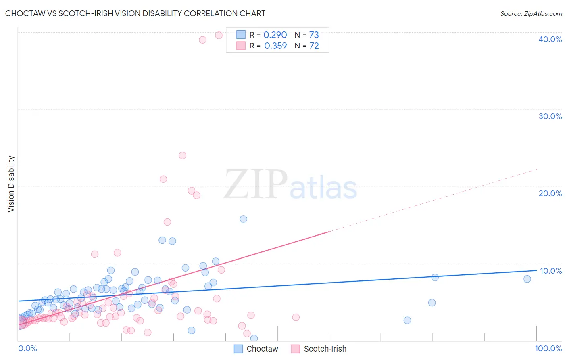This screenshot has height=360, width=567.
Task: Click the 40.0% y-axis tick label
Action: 550,39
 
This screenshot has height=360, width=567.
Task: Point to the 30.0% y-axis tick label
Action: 550,116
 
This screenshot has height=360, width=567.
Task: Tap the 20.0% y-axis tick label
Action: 550,193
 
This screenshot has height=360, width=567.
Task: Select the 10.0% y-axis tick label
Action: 551,271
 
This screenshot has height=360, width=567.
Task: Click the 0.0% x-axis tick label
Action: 27,348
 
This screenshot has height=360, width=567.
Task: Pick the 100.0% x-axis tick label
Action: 548,348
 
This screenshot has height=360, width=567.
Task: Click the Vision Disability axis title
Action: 11,184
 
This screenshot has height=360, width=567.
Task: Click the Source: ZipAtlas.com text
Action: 531,13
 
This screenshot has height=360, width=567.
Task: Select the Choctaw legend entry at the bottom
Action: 256,349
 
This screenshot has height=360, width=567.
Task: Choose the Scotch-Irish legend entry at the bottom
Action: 319,349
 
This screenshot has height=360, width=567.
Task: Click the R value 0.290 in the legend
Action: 275,35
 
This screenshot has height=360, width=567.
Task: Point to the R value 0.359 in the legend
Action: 275,46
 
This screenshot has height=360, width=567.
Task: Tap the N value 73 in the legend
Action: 314,35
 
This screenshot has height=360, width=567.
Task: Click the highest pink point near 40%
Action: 219,35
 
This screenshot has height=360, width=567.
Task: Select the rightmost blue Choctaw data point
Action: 527,279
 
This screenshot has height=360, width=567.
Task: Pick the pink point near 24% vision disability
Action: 182,155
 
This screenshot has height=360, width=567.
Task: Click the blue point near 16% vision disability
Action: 244,219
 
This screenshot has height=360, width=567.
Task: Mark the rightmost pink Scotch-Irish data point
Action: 296,317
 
